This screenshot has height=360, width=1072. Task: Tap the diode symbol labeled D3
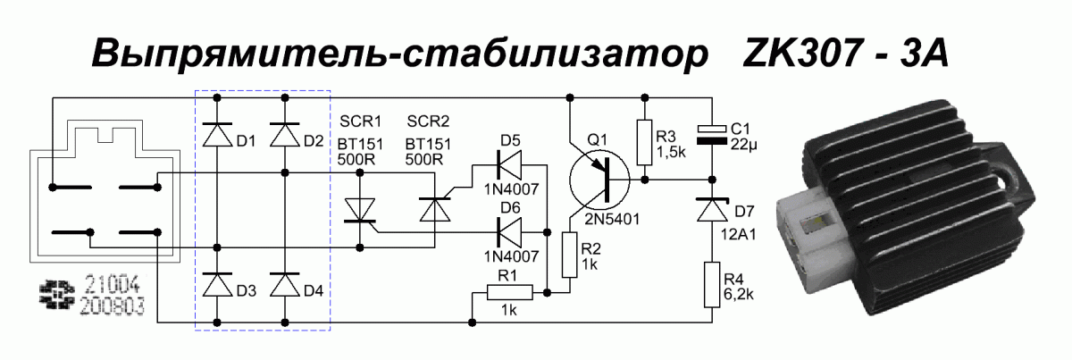216,284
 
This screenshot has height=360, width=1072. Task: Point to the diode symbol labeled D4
285,284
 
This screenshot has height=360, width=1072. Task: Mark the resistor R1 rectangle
509,292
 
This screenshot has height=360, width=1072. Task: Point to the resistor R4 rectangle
712,284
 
